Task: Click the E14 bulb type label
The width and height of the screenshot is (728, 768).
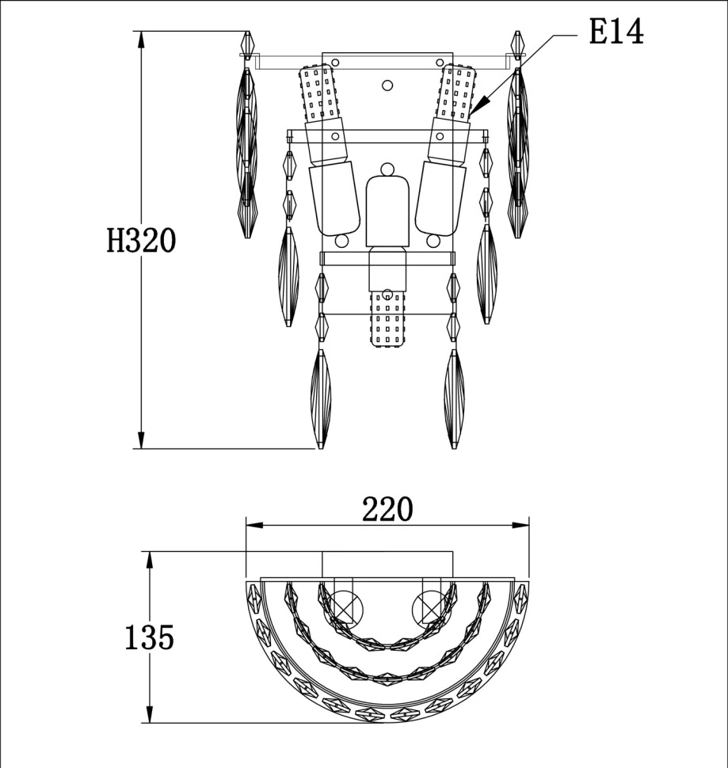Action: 616,32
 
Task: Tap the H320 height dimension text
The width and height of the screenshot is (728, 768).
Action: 141,241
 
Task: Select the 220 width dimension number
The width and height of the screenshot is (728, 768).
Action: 387,509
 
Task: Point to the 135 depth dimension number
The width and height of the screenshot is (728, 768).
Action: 150,637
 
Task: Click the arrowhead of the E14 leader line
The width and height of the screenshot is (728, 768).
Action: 479,104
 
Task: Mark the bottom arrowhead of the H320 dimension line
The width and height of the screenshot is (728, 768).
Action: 142,440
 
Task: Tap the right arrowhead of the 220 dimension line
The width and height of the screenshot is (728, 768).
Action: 520,525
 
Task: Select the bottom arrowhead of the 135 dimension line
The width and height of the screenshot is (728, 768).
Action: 150,713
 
